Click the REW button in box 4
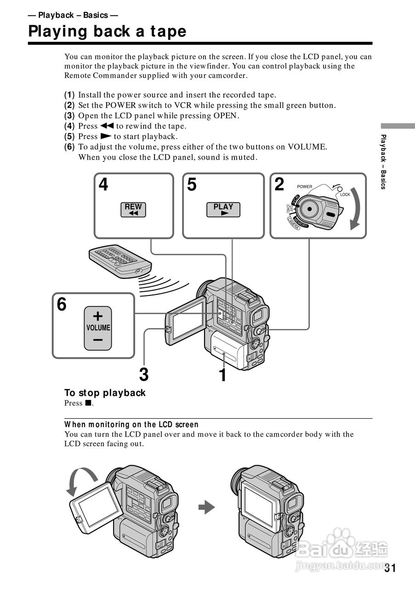coord(133,209)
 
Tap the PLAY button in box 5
coord(223,209)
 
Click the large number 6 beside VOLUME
coord(62,305)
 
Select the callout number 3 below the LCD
coord(144,375)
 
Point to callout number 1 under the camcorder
coord(222,375)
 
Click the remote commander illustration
coord(119,261)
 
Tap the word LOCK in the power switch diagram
coord(345,195)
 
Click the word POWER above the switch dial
coord(304,187)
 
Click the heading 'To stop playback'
coord(105,393)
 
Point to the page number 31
coord(390,568)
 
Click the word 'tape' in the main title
coord(168,31)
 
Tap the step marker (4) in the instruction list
coord(69,126)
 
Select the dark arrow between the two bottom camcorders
coord(206,508)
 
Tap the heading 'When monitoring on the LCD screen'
coord(131,424)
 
